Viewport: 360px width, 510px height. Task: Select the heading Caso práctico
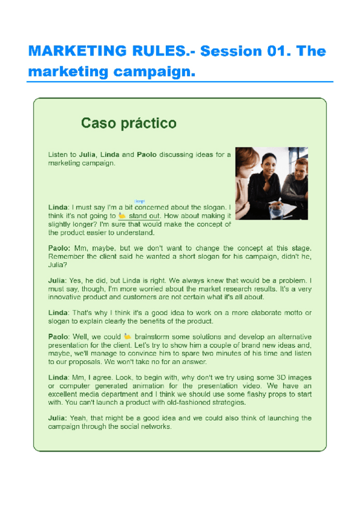pos(129,123)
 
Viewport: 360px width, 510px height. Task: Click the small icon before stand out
pos(122,215)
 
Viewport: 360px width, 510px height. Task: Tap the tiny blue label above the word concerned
pos(140,200)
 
